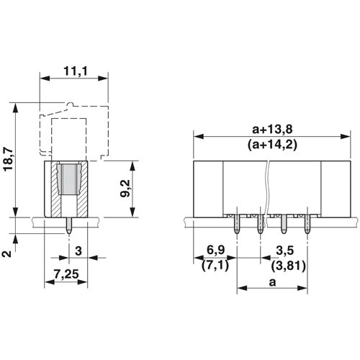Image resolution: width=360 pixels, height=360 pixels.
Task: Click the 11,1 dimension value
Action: (x=76, y=71)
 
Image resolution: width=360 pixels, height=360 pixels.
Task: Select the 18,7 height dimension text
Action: (x=9, y=159)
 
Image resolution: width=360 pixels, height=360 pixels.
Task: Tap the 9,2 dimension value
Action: (x=125, y=189)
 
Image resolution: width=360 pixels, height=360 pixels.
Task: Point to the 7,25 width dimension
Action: (x=66, y=274)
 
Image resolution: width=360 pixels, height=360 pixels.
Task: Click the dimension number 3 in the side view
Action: (x=78, y=251)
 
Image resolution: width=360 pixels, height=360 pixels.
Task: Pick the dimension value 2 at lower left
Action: (x=7, y=253)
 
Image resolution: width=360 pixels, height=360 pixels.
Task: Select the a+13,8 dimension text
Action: (x=272, y=130)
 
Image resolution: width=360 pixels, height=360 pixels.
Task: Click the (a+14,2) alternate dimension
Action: (x=272, y=145)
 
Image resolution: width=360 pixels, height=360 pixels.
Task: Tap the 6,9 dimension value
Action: (x=216, y=250)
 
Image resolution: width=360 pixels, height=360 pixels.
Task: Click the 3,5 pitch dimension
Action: (x=285, y=251)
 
